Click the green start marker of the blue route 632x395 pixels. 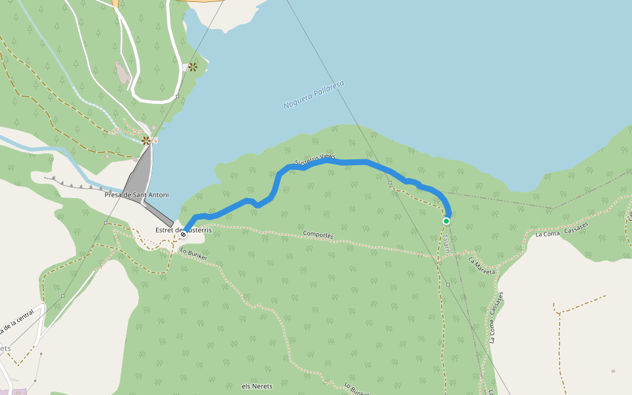446,221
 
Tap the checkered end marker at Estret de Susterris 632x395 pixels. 183,234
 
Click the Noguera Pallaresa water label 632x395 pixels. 313,95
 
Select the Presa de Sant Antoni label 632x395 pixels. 136,195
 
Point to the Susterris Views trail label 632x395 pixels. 315,159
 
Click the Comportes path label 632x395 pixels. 318,234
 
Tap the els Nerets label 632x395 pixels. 257,386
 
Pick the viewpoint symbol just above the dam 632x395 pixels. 146,140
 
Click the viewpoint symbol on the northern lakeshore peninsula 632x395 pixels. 193,66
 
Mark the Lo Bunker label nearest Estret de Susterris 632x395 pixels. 194,254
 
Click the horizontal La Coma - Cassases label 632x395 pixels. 562,229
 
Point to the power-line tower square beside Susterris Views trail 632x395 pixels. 390,182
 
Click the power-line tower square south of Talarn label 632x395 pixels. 448,284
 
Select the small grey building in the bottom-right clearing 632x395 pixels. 613,371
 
